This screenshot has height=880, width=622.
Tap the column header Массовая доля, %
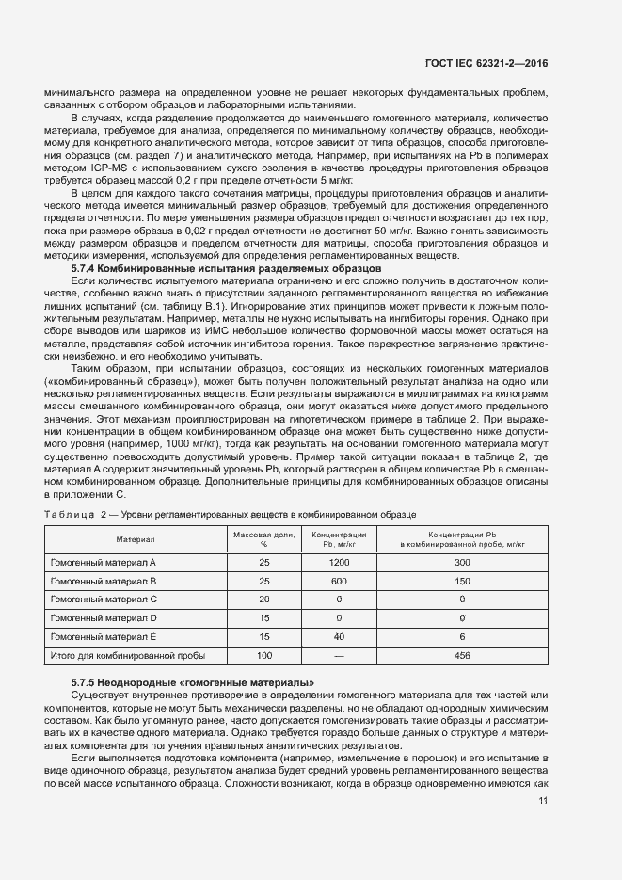click(263, 539)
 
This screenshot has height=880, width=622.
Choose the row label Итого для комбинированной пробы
click(126, 656)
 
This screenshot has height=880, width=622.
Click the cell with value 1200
click(339, 562)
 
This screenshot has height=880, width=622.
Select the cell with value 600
click(339, 581)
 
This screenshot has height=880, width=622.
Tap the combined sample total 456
click(461, 656)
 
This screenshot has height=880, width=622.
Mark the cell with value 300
click(461, 562)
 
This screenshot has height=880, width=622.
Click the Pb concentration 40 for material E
click(339, 637)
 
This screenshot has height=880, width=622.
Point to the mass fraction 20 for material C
click(263, 600)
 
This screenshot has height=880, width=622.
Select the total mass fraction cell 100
click(263, 656)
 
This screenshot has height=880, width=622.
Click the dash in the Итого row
click(339, 656)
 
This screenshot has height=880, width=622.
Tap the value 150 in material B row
click(461, 581)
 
